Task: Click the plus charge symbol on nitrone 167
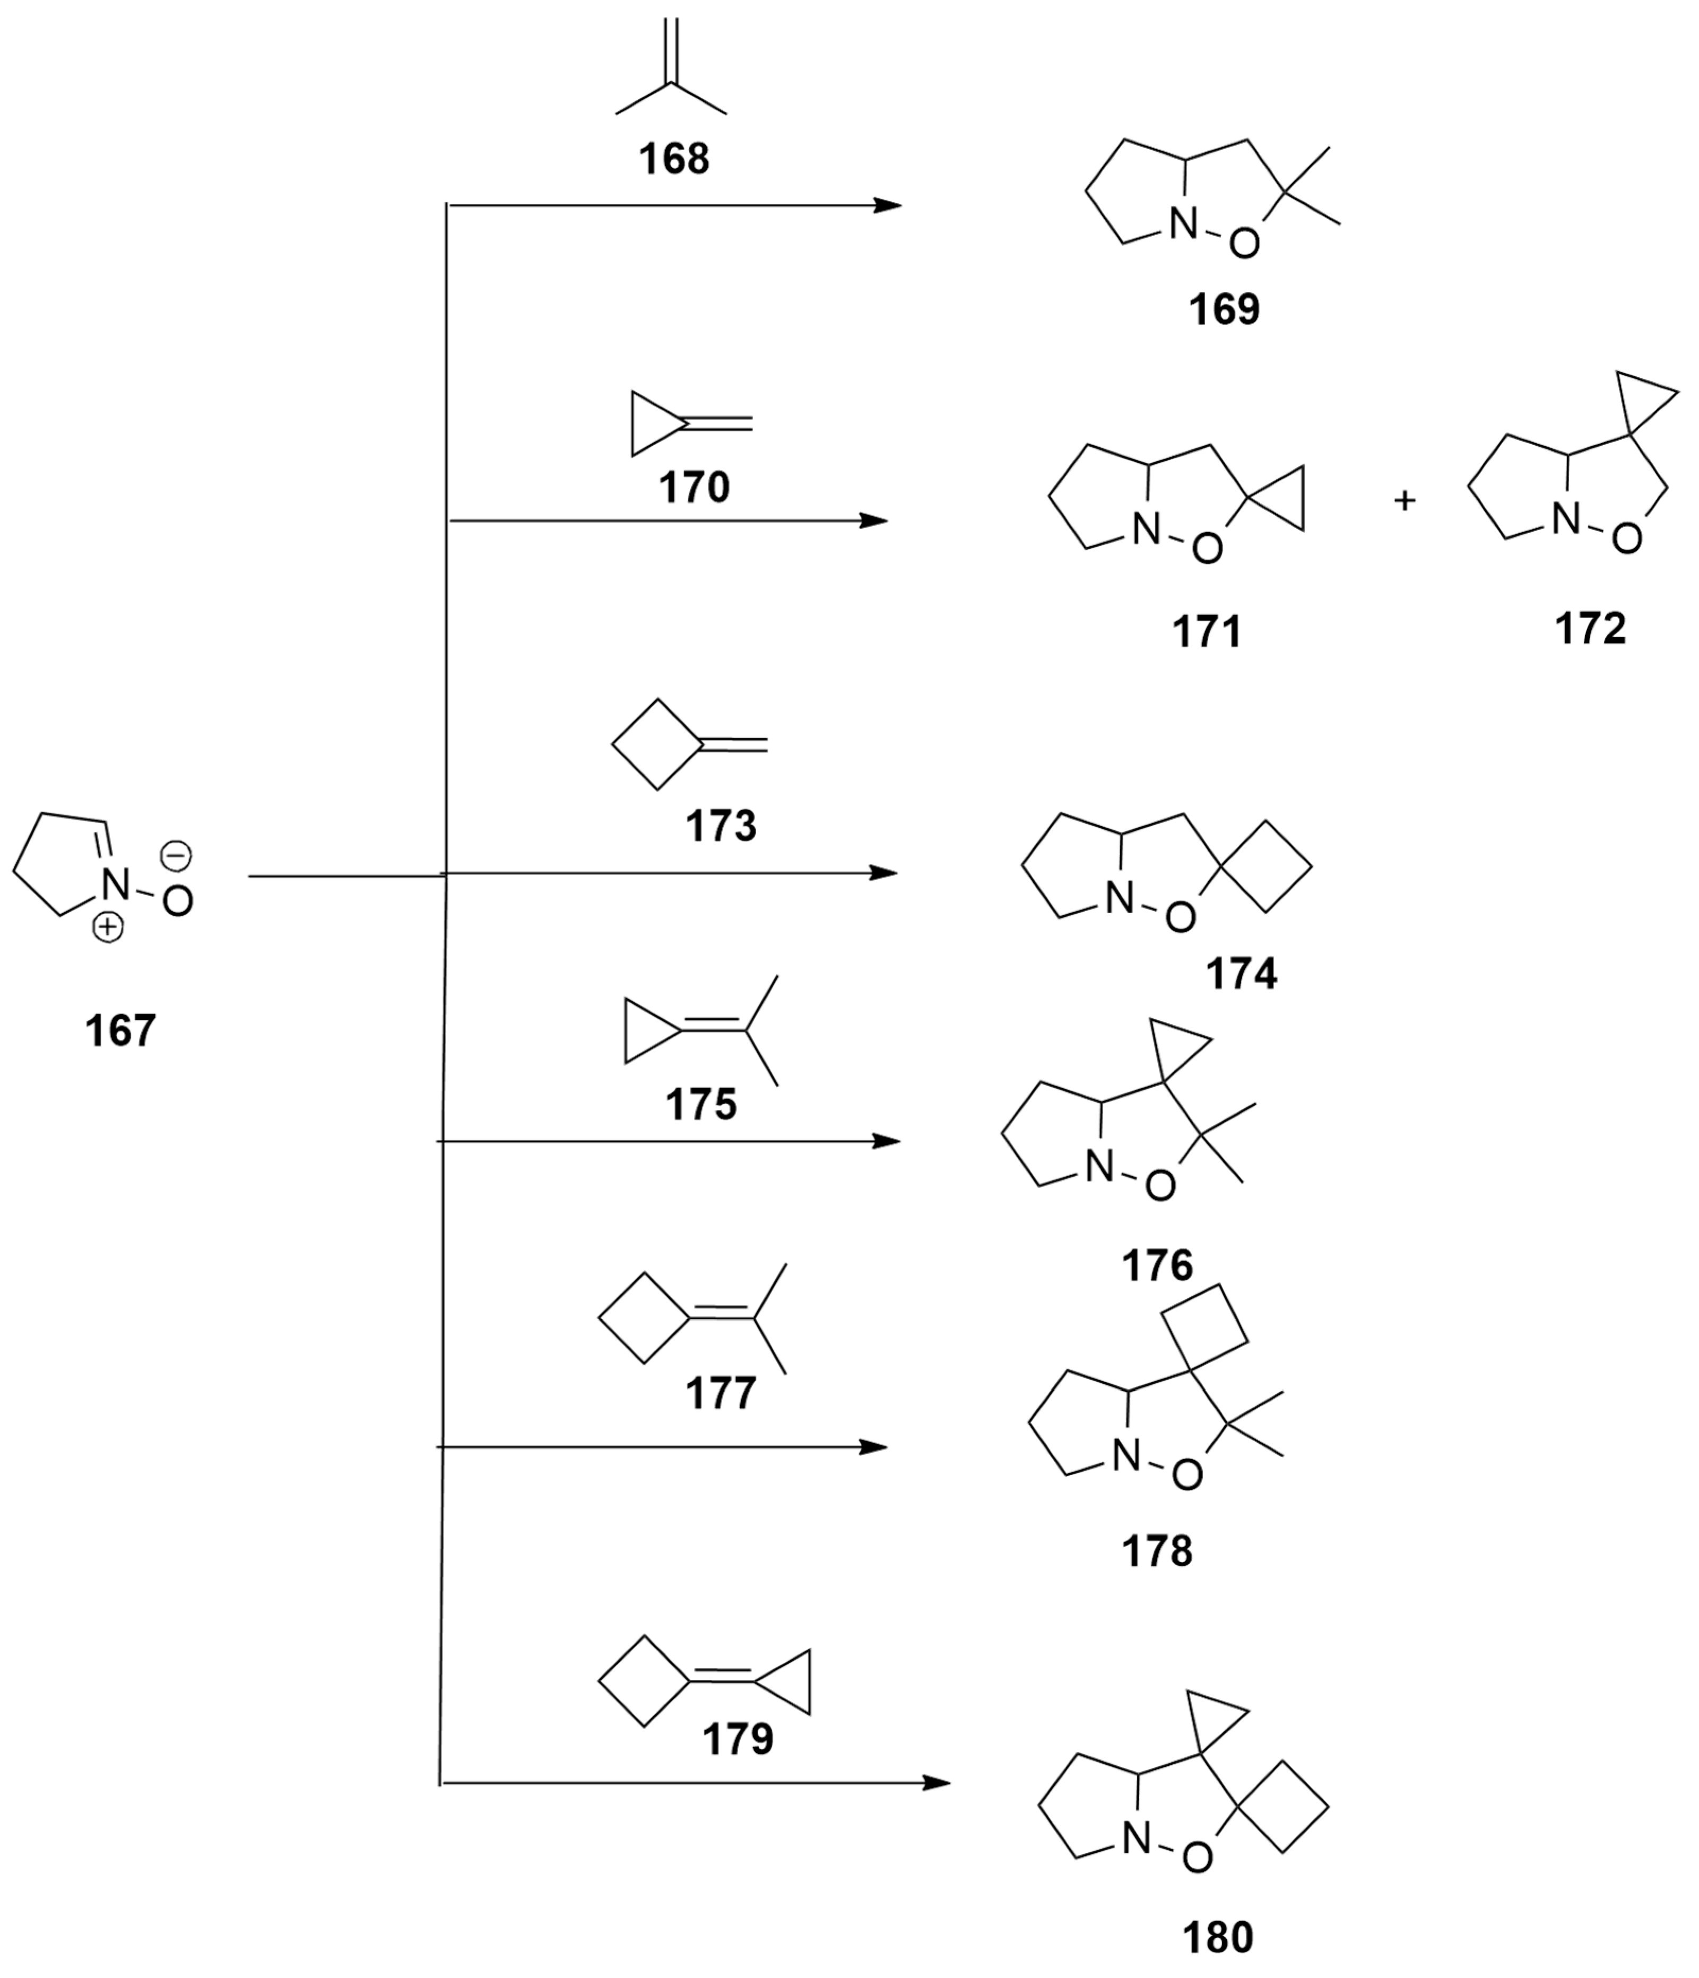(x=108, y=926)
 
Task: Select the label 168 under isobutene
(x=674, y=159)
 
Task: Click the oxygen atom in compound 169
(x=1244, y=245)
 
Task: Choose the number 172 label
(x=1590, y=629)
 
